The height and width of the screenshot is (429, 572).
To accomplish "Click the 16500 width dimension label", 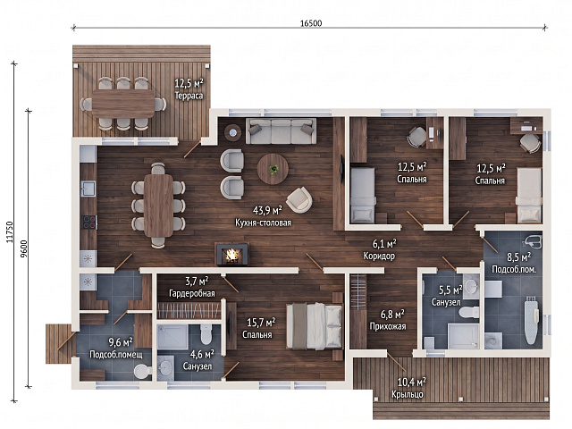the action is pyautogui.click(x=311, y=23).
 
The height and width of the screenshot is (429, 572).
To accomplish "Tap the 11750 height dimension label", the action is pyautogui.click(x=10, y=232).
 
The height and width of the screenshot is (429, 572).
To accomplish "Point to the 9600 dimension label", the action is pyautogui.click(x=24, y=248).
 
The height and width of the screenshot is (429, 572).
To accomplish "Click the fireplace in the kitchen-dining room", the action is pyautogui.click(x=232, y=254).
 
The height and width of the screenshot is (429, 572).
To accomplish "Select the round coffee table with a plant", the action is pyautogui.click(x=273, y=169).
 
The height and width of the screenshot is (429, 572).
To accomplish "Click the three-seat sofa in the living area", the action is pyautogui.click(x=281, y=131).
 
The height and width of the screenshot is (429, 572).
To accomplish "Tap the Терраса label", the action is pyautogui.click(x=189, y=96).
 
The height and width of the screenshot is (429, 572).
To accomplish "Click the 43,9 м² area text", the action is pyautogui.click(x=267, y=210).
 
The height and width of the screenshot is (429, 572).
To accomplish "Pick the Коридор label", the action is pyautogui.click(x=379, y=256).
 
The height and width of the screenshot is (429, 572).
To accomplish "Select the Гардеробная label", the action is pyautogui.click(x=192, y=293).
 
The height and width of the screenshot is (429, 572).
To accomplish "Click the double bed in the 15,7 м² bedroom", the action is pyautogui.click(x=315, y=326).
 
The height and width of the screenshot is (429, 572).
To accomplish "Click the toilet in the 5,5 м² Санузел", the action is pyautogui.click(x=469, y=312).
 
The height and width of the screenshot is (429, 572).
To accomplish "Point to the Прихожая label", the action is pyautogui.click(x=388, y=326).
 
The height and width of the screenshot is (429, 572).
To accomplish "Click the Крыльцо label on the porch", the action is pyautogui.click(x=408, y=394).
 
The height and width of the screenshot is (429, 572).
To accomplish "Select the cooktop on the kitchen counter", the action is pyautogui.click(x=89, y=223).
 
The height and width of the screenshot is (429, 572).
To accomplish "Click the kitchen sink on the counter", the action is pyautogui.click(x=88, y=189).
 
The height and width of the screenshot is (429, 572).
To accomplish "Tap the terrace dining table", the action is pyautogui.click(x=123, y=104).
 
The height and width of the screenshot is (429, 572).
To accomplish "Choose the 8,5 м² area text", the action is pyautogui.click(x=518, y=257).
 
